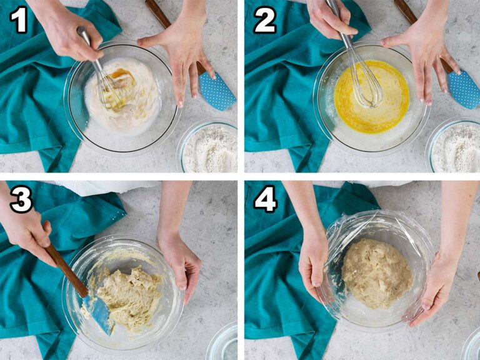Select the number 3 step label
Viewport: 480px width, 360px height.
coord(21,199)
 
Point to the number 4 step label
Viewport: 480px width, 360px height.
coord(266,199)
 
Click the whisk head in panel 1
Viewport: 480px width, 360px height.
coord(109,89)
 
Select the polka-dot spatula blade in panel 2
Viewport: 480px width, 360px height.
coord(464,89)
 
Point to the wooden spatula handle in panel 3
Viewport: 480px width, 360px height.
coord(66,270)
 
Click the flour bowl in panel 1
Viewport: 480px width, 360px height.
coord(207,146)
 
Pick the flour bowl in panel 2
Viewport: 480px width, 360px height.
coord(454,146)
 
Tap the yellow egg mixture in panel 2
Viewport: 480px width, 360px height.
coord(372,97)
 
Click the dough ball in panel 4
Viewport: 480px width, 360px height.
coord(377,273)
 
